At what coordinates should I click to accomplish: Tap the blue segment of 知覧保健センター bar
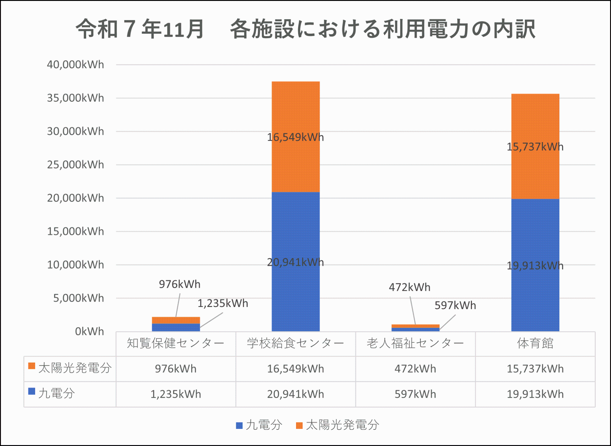176,327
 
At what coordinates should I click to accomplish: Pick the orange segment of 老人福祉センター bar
415,326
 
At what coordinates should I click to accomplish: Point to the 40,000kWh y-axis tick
75,65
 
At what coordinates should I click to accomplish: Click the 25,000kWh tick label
75,165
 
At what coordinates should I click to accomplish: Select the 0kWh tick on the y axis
89,331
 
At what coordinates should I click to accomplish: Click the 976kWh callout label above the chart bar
180,284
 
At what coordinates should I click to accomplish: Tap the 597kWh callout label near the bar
455,305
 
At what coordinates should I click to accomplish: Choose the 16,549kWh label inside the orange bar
295,137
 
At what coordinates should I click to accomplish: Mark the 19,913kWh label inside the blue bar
535,266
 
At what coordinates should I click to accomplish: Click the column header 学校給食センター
295,343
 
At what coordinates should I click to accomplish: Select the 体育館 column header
535,343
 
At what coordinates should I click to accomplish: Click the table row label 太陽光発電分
75,368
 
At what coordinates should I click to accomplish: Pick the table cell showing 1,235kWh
176,394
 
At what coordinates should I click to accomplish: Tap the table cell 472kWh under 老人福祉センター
415,369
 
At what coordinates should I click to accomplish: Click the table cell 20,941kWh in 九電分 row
295,394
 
